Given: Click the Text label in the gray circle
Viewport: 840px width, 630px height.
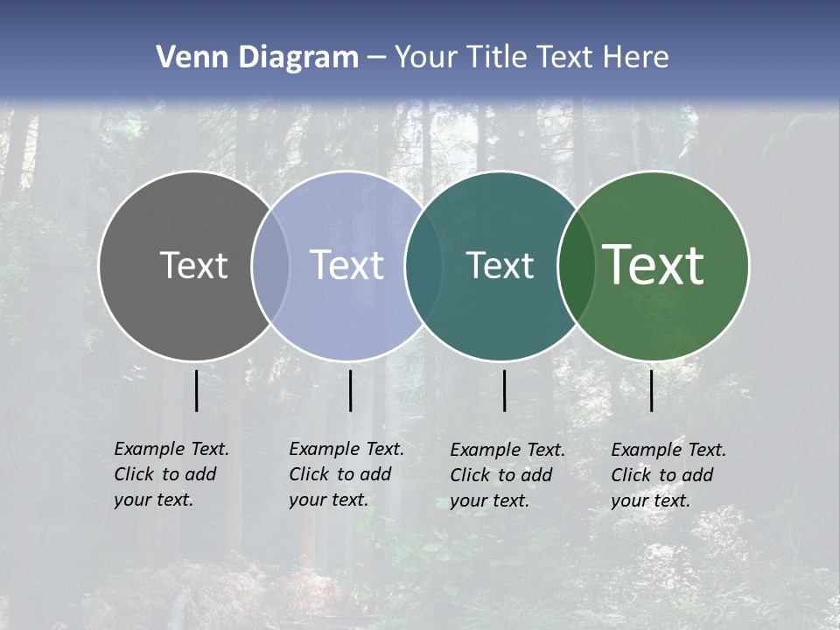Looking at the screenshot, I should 193,265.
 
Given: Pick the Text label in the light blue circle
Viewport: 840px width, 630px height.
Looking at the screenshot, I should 347,265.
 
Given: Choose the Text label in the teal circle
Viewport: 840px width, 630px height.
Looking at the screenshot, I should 500,265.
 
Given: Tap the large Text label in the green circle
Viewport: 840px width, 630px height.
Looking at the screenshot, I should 654,265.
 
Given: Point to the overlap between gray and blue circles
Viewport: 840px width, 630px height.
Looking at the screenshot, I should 271,265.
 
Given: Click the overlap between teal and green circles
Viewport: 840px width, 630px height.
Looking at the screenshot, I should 577,265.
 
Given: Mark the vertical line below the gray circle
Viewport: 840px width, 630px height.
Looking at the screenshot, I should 196,390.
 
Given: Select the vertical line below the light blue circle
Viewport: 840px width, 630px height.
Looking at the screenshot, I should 350,390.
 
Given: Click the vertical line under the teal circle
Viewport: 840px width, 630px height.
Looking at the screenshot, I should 504,390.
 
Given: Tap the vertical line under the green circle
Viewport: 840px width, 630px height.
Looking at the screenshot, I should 651,390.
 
